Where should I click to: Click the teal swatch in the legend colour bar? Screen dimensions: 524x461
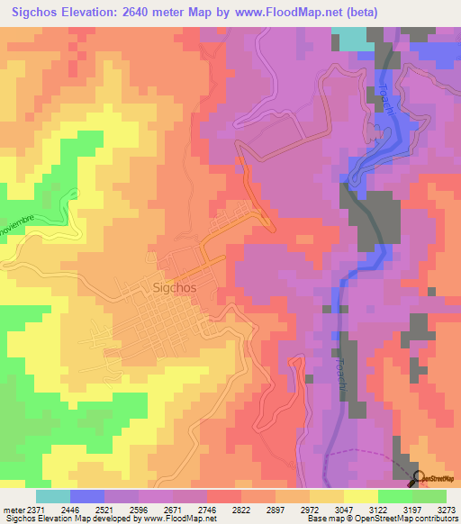click(52, 496)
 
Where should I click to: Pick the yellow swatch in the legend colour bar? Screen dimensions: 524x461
click(360, 496)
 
